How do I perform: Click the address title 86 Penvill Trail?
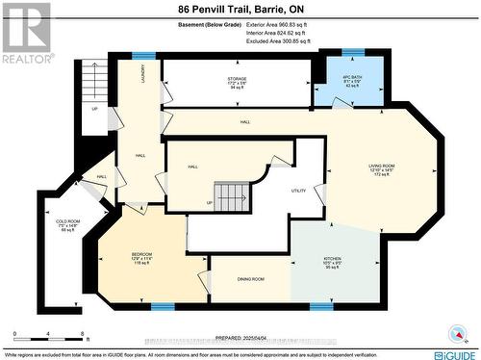pos(240,9)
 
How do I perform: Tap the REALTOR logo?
pos(26,33)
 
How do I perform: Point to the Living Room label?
pos(381,172)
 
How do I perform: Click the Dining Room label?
pos(251,279)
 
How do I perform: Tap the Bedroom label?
pos(142,259)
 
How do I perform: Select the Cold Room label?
pos(68,226)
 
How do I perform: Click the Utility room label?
pos(298,191)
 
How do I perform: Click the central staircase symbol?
pos(232,197)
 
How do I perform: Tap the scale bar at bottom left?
pos(44,337)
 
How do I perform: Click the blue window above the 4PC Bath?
pos(353,51)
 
